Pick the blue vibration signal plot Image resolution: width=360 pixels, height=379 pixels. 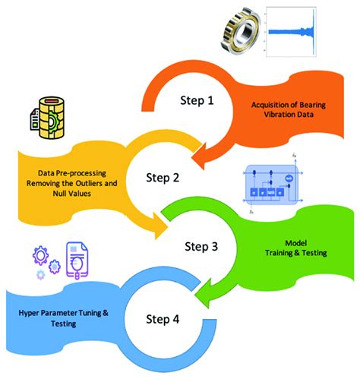coord(312,32)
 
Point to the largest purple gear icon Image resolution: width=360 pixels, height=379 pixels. coord(39,254)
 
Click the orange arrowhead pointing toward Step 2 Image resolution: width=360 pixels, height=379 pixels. coord(204,156)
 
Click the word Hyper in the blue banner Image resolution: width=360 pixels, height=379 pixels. coord(36,312)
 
